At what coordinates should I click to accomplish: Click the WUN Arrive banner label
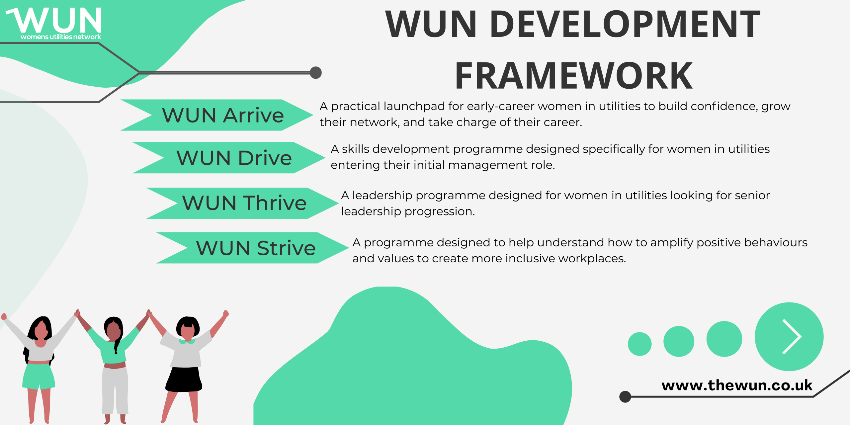pyautogui.click(x=223, y=115)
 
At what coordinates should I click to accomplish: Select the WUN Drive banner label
pyautogui.click(x=234, y=158)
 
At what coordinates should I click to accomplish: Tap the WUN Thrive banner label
pyautogui.click(x=244, y=203)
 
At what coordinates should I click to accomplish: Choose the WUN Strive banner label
pyautogui.click(x=256, y=248)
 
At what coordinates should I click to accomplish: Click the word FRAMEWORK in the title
pyautogui.click(x=574, y=76)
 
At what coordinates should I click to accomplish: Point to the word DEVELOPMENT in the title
pyautogui.click(x=625, y=24)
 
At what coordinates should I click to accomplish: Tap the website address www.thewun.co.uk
pyautogui.click(x=737, y=385)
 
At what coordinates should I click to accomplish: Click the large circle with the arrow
pyautogui.click(x=789, y=337)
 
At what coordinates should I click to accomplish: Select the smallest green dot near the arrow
pyautogui.click(x=639, y=344)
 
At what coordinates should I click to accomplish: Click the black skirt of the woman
pyautogui.click(x=184, y=380)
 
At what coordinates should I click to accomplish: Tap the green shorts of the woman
pyautogui.click(x=39, y=376)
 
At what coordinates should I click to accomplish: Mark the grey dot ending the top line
pyautogui.click(x=316, y=73)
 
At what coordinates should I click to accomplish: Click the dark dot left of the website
pyautogui.click(x=625, y=396)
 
